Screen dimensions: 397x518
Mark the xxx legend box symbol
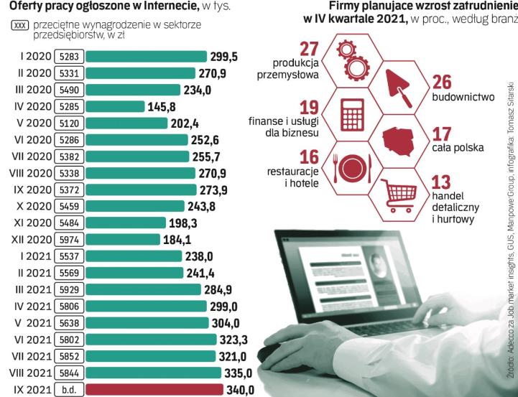pyautogui.click(x=18, y=27)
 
